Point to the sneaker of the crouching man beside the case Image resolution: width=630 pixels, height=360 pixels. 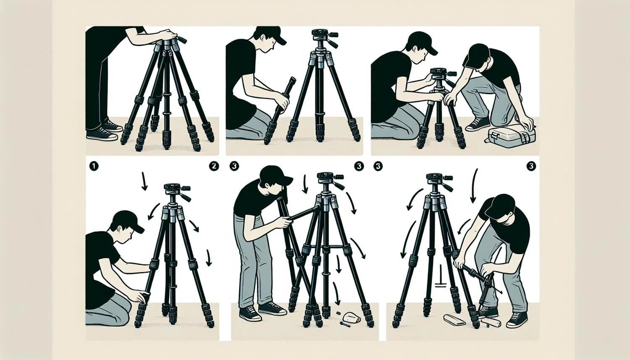(x=477, y=125)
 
